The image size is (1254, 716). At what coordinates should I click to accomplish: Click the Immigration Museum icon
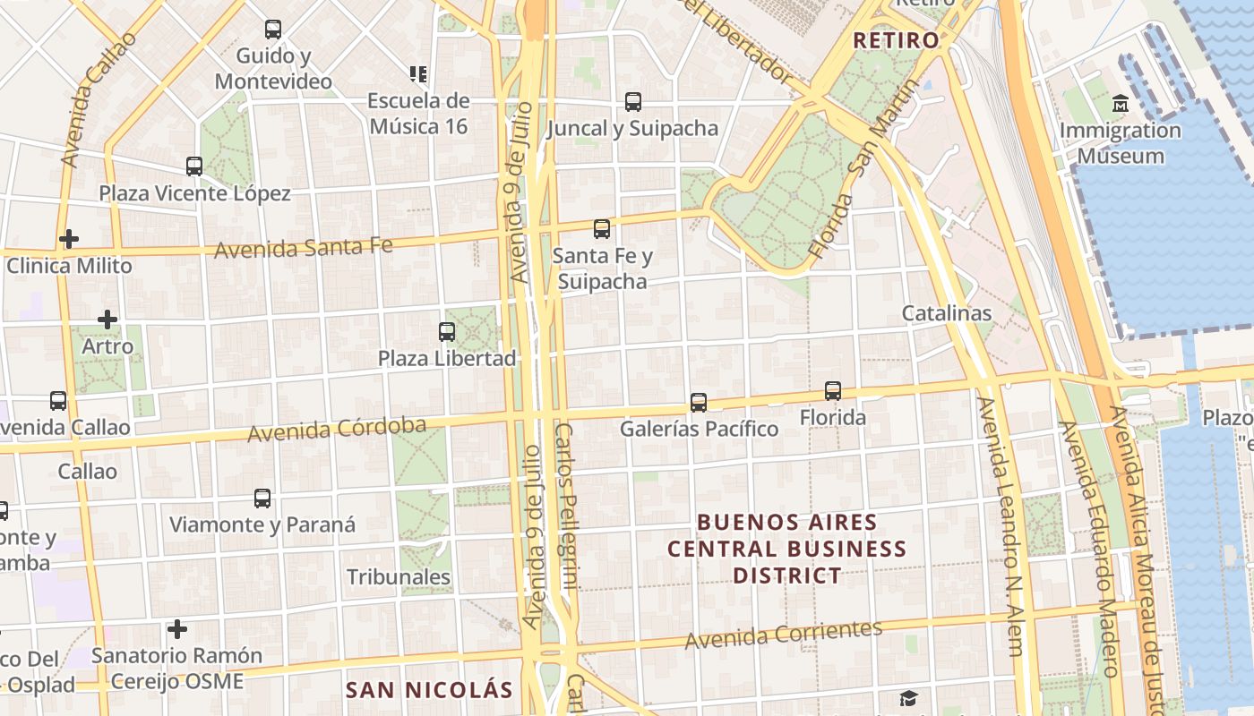click(x=1120, y=105)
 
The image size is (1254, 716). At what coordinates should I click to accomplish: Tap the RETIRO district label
click(x=896, y=40)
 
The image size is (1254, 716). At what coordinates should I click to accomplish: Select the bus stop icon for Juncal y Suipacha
click(x=633, y=102)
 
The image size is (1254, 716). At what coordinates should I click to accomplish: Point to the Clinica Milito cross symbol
click(x=69, y=239)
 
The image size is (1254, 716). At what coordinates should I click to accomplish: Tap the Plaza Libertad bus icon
click(x=447, y=332)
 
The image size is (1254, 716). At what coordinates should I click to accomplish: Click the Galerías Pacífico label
click(x=700, y=429)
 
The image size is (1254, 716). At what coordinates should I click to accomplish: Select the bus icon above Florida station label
click(x=833, y=391)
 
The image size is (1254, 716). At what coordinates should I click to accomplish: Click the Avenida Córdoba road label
click(x=337, y=430)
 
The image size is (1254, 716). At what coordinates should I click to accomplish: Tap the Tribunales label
click(x=399, y=577)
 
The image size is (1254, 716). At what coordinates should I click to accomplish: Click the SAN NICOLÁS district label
click(x=429, y=690)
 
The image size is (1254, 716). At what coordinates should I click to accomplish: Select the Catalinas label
click(x=947, y=313)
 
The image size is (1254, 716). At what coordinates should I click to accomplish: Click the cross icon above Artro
click(x=107, y=320)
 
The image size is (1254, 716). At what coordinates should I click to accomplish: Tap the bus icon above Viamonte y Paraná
click(x=262, y=499)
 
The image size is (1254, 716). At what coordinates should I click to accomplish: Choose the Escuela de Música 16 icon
click(x=418, y=73)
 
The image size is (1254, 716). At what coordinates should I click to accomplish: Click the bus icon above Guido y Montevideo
click(x=273, y=30)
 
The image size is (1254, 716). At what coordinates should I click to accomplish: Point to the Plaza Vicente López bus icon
click(x=194, y=166)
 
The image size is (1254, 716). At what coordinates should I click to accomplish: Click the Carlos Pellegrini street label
click(x=566, y=506)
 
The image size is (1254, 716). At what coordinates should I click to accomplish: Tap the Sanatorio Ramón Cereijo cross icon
click(x=177, y=630)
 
